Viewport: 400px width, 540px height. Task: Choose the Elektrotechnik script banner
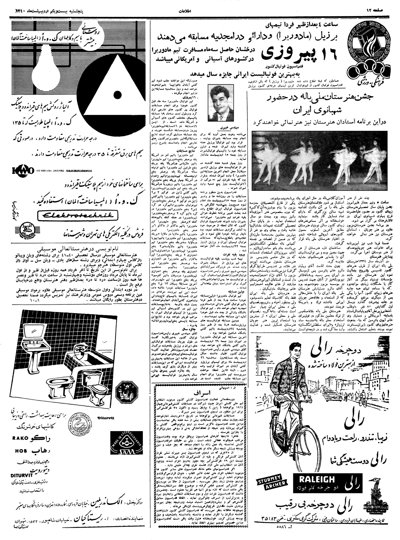point(76,216)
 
